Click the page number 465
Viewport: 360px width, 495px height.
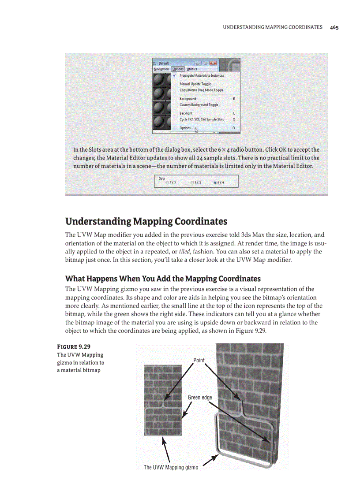click(x=334, y=27)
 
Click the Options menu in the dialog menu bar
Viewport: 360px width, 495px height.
click(x=178, y=69)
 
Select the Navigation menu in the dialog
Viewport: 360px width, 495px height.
click(x=161, y=69)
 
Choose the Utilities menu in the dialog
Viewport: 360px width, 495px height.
click(x=192, y=69)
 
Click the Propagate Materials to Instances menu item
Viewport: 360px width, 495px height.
click(x=201, y=75)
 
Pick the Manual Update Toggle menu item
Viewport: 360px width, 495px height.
click(x=195, y=84)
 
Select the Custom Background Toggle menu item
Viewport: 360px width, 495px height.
click(x=199, y=105)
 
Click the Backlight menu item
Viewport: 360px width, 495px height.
click(x=186, y=113)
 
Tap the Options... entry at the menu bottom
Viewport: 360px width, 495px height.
click(x=186, y=128)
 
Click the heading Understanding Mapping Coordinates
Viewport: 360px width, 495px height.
click(x=146, y=221)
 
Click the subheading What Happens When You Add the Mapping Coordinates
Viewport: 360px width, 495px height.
click(x=163, y=279)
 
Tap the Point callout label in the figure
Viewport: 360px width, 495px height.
click(x=199, y=360)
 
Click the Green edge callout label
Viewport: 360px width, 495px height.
click(x=200, y=398)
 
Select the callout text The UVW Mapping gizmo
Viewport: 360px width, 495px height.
click(x=171, y=467)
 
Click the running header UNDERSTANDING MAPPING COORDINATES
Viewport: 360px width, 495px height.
click(x=272, y=27)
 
